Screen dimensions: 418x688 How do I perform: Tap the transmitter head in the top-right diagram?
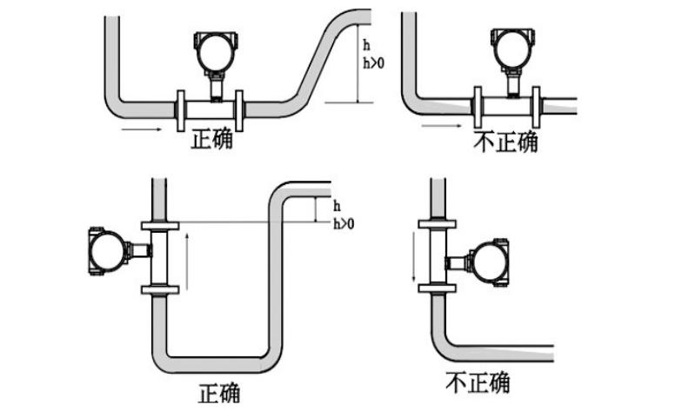[x=510, y=49]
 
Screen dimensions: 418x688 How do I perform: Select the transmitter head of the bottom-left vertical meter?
[x=107, y=250]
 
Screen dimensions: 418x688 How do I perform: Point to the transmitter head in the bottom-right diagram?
[x=486, y=261]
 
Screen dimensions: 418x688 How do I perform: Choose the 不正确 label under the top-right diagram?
[x=505, y=142]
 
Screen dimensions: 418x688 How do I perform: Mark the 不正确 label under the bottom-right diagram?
[x=477, y=382]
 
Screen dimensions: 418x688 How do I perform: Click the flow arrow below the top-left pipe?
[x=141, y=129]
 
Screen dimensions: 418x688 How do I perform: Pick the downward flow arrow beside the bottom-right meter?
[x=415, y=257]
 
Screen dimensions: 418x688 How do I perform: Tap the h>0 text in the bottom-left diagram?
[x=344, y=224]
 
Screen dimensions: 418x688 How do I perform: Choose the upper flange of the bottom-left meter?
[x=158, y=225]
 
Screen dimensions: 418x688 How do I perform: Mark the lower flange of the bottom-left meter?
[x=158, y=290]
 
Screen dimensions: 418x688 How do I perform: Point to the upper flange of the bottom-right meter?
[x=438, y=223]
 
